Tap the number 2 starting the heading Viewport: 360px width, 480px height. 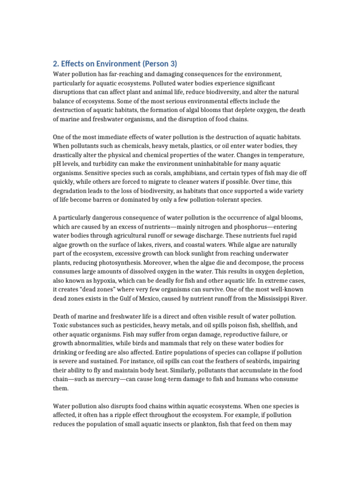[x=54, y=64]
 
